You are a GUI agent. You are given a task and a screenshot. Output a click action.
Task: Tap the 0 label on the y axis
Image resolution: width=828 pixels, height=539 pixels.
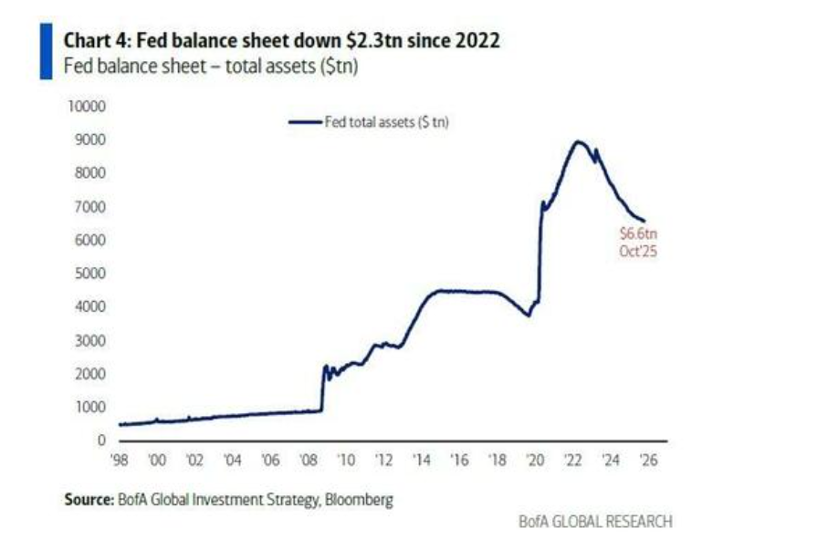pos(103,441)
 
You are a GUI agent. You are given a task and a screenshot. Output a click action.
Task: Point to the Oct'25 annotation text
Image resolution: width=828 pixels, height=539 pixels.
pos(637,251)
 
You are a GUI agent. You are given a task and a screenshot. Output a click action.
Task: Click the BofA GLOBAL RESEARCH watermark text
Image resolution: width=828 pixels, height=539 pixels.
pos(594,522)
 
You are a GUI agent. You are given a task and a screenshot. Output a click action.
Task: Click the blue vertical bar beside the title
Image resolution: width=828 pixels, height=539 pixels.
pos(46,53)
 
